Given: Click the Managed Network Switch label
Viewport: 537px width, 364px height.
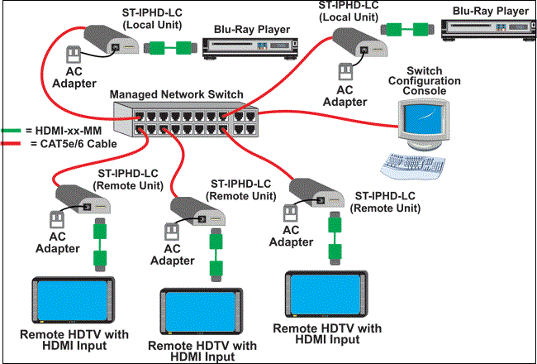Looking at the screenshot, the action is point(176,94).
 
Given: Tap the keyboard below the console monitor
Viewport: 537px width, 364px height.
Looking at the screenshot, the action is point(413,166).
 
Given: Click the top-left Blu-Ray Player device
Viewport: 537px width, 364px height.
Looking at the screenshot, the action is point(250,47).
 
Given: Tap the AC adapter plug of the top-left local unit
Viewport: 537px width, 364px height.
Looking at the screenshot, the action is point(73,55).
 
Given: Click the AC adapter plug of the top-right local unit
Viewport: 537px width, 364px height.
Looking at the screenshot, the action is point(345,71).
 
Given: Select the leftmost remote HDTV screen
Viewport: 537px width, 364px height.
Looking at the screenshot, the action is point(74,300).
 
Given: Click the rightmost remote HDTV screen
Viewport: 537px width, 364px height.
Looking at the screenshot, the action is point(326,294).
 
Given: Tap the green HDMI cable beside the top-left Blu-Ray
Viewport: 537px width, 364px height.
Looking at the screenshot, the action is point(170,48).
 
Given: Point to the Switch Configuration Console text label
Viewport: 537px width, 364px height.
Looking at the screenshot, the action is point(425,81).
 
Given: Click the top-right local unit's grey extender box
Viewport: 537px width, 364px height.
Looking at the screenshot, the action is point(361,41).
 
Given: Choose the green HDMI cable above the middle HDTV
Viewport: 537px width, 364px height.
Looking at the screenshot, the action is point(216,255).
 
